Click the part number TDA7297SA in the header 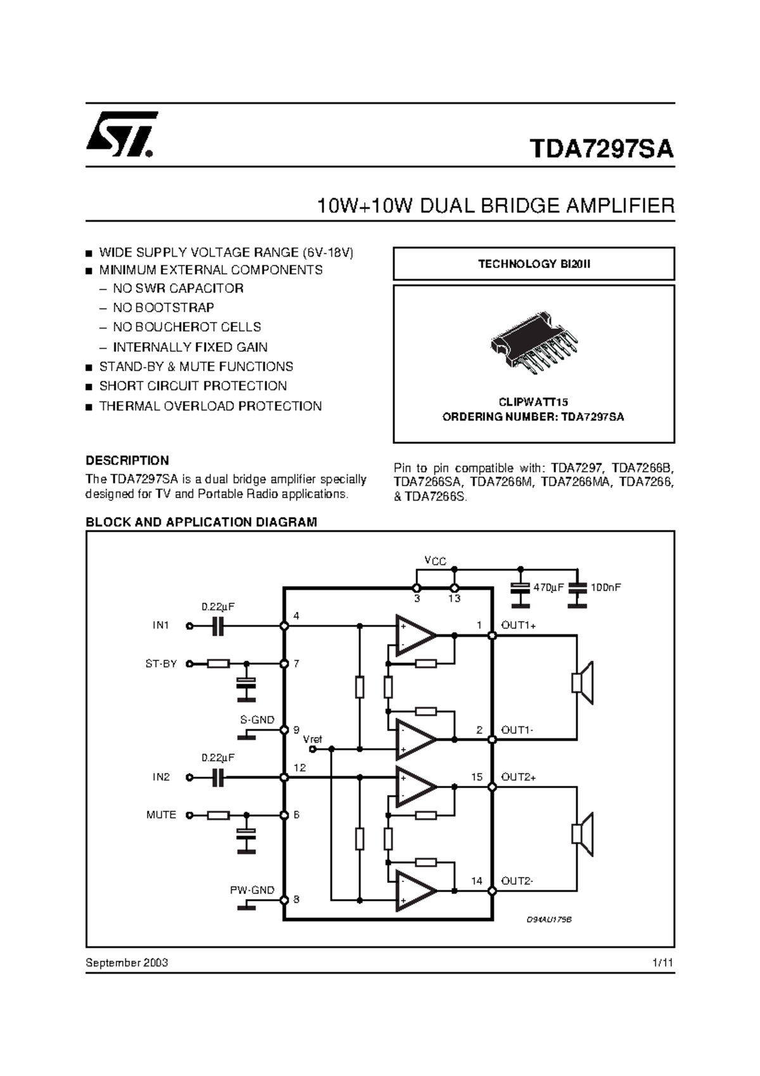(601, 150)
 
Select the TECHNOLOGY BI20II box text (533, 264)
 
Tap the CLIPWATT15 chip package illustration (534, 343)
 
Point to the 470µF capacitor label (548, 587)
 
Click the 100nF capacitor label (605, 587)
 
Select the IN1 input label (161, 625)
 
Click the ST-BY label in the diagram (161, 663)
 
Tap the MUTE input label (161, 815)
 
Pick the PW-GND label (252, 890)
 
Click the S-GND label (257, 720)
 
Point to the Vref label (312, 739)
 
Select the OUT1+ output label (518, 625)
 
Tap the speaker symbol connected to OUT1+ (582, 682)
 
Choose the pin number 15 (476, 777)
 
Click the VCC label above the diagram (434, 561)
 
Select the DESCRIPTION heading (127, 461)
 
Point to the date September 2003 (127, 963)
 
